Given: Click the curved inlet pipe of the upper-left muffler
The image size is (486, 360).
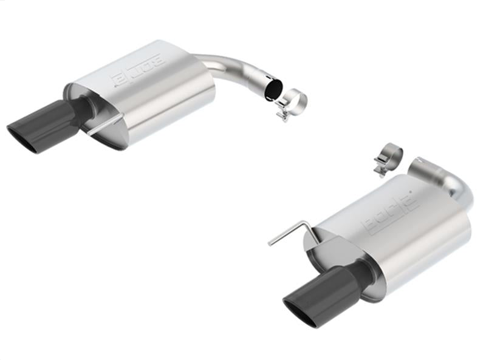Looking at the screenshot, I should click(x=231, y=67).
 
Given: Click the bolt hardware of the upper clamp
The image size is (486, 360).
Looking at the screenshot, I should click(x=281, y=112).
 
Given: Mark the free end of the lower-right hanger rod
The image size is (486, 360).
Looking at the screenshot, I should click(x=270, y=245).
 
